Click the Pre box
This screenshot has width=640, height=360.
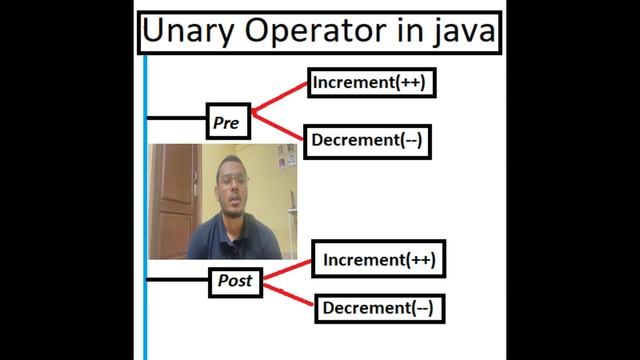(x=226, y=122)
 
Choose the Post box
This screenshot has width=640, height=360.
(x=235, y=282)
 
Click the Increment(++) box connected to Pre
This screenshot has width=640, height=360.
(x=369, y=83)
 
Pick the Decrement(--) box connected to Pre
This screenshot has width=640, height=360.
(x=366, y=141)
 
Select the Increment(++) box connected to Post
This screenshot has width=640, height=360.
(x=379, y=261)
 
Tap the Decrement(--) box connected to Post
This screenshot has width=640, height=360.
(x=379, y=308)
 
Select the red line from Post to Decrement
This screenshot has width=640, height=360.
(x=290, y=295)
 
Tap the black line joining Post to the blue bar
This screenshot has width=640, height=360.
(x=178, y=280)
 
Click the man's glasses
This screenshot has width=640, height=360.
(x=233, y=180)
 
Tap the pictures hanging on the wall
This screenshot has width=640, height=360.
(x=286, y=155)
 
